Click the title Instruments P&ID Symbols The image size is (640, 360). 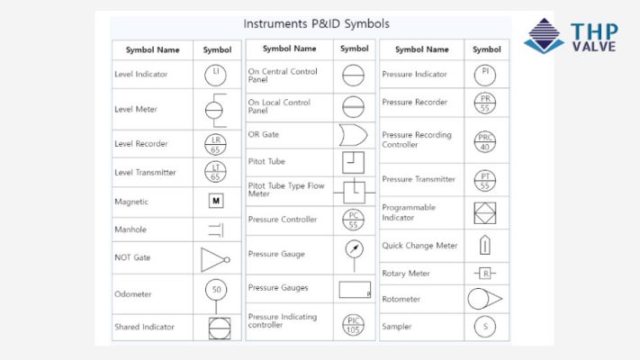[x=317, y=24]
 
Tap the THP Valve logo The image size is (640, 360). [x=571, y=36]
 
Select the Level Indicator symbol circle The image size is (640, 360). [x=216, y=74]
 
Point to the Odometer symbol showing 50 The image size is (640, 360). [x=216, y=291]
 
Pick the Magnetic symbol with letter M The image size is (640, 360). [x=216, y=202]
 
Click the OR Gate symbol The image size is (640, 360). [x=353, y=135]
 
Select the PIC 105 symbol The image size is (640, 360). [x=354, y=323]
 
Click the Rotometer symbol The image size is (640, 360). [x=484, y=299]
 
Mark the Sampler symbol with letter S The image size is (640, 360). [x=486, y=327]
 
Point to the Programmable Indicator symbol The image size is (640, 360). [x=486, y=213]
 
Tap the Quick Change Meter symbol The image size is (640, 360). [x=486, y=245]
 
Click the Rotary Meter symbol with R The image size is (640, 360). [x=486, y=274]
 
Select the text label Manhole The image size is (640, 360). [x=131, y=229]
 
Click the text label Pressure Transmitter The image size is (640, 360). [x=419, y=179]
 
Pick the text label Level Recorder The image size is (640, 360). [x=141, y=144]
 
